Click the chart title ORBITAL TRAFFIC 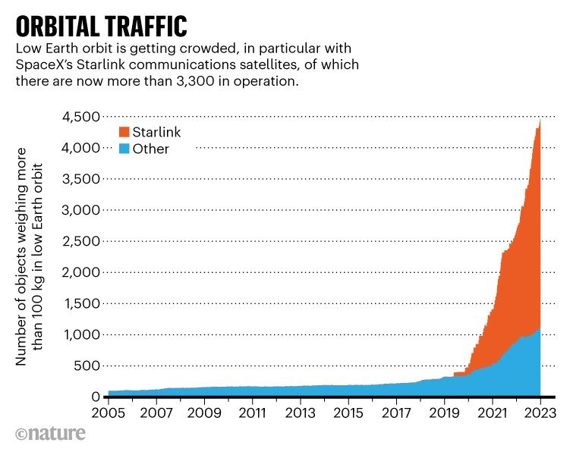coord(101,24)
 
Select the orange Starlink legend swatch coord(123,133)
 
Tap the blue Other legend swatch coord(123,149)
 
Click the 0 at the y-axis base coord(96,397)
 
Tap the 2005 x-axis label coord(108,415)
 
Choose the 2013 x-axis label coord(300,415)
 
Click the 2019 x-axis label coord(444,415)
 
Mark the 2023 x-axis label coord(540,415)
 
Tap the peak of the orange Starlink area coord(539,120)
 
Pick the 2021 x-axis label coord(492,415)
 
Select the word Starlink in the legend coord(156,133)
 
